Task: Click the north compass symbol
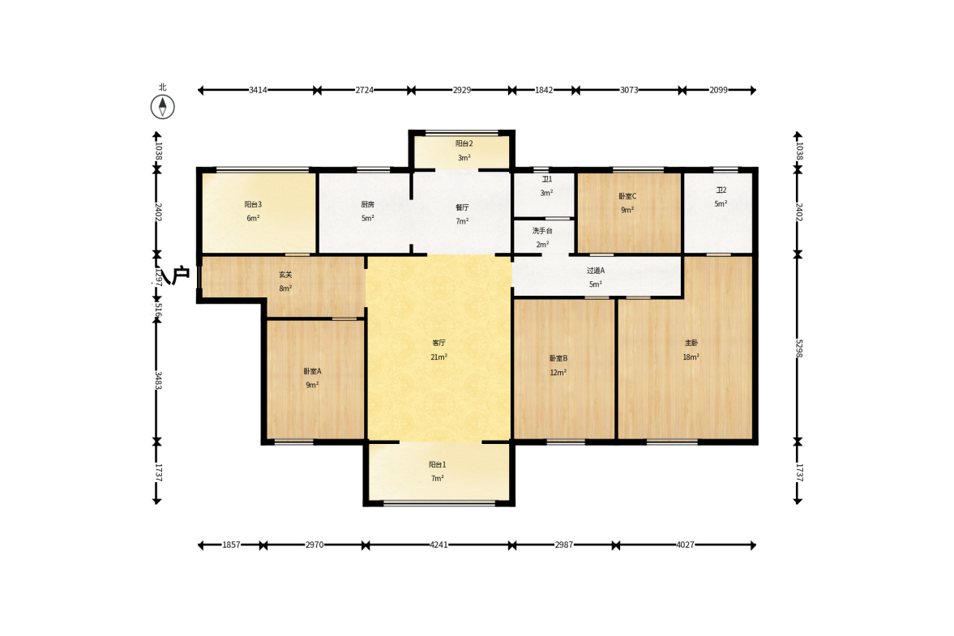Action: (x=162, y=106)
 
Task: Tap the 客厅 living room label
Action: (x=438, y=343)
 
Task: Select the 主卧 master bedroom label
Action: (x=691, y=343)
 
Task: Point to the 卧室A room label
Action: (x=312, y=371)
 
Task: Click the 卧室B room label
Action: (x=558, y=358)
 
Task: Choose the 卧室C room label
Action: (x=627, y=196)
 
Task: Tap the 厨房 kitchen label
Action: (x=367, y=204)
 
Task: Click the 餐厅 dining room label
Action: (x=462, y=207)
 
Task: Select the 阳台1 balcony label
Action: (x=438, y=464)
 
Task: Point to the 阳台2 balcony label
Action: (x=464, y=143)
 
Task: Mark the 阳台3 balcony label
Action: (x=253, y=204)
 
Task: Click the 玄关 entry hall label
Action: (x=285, y=274)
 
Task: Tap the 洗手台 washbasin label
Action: (x=542, y=230)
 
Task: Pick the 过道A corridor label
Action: (x=596, y=270)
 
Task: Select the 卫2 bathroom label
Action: (x=721, y=190)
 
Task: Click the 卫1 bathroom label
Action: (x=547, y=179)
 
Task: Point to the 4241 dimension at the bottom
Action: (x=438, y=544)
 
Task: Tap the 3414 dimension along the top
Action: (x=258, y=90)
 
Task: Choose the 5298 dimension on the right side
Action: (x=798, y=348)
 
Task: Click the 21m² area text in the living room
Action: (x=438, y=357)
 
